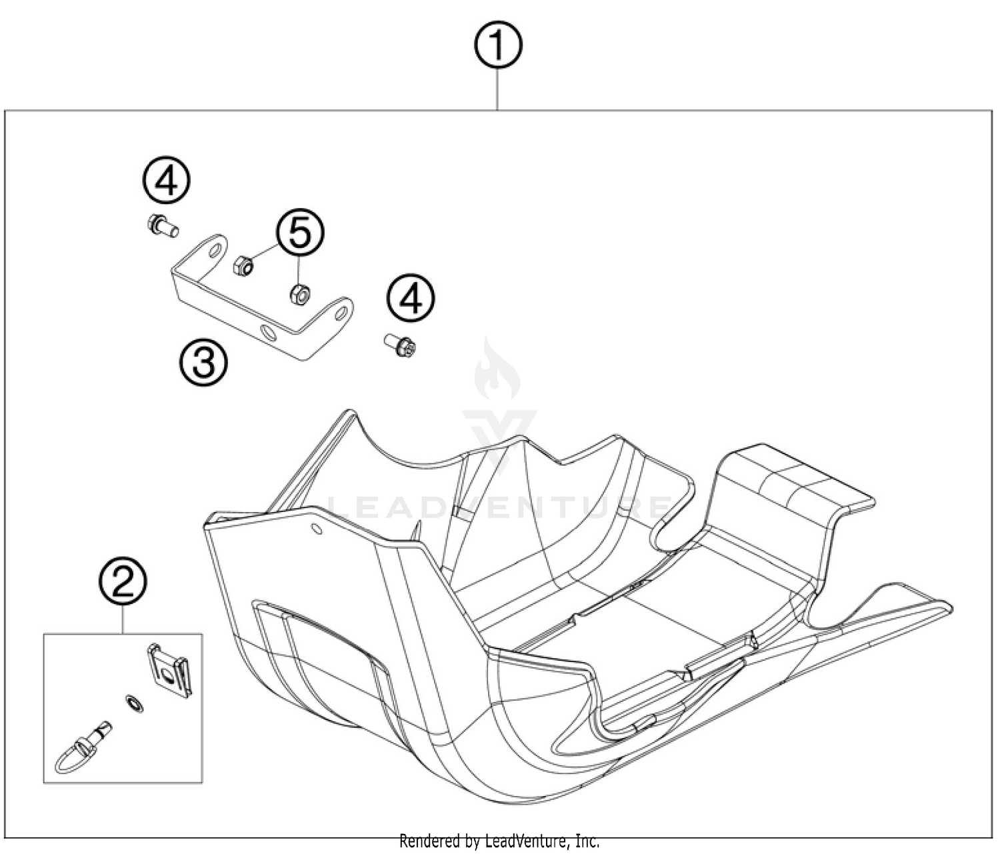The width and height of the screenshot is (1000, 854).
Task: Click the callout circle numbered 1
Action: pos(498,45)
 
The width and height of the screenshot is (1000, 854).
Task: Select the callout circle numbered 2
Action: pos(123,582)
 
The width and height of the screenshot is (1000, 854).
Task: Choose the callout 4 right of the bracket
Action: pos(411,299)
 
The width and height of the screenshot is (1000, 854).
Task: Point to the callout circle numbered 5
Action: pos(301,233)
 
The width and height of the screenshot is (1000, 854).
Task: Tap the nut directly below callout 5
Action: pos(299,294)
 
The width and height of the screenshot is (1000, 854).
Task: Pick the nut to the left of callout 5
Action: pos(243,266)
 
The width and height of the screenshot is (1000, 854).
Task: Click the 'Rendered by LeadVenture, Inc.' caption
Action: pos(499,841)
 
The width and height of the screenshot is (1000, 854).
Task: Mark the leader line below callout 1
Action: pos(498,89)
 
